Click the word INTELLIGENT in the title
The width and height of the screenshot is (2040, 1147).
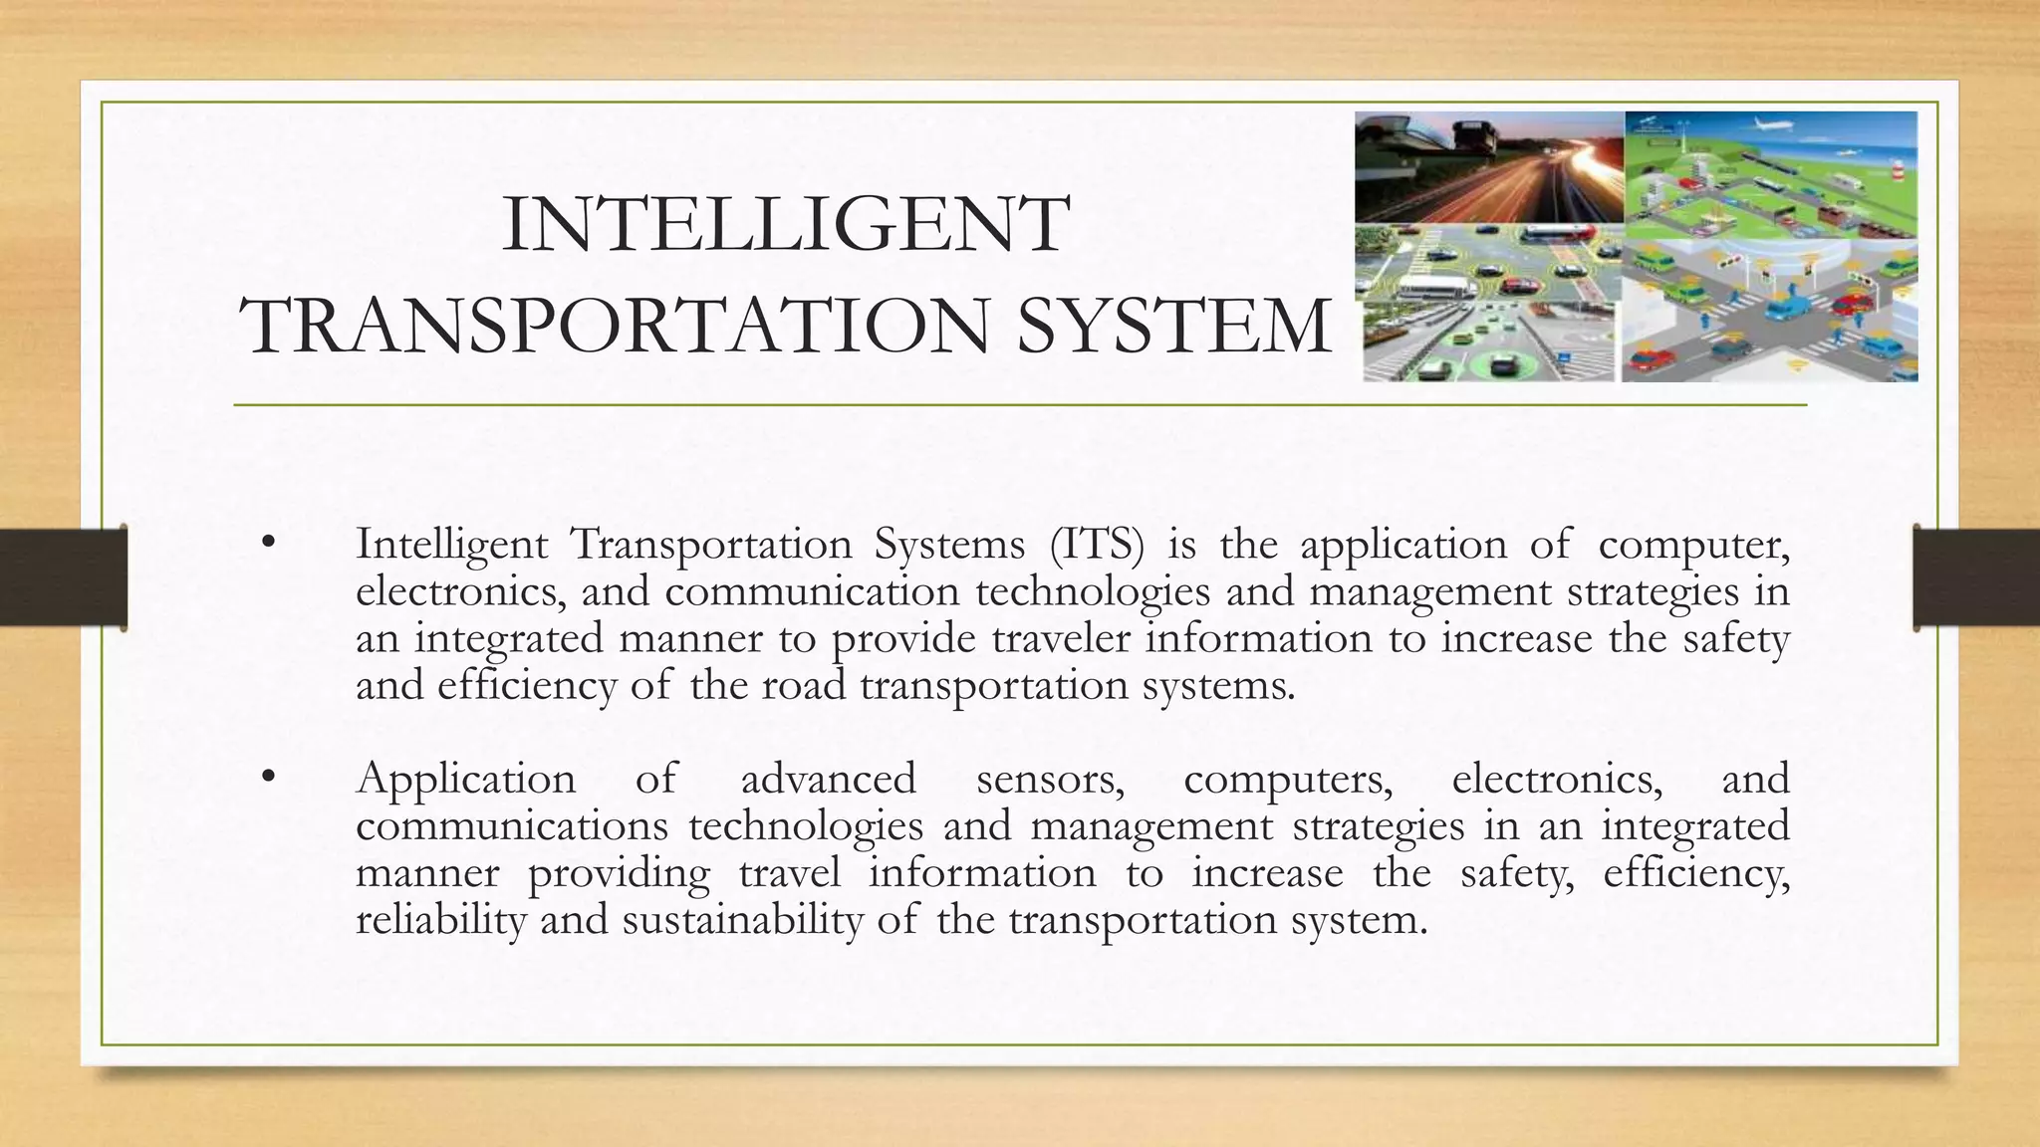(786, 227)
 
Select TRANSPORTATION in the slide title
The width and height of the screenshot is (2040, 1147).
(618, 326)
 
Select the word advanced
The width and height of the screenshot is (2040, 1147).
(828, 779)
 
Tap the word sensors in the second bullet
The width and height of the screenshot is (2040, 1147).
(1050, 779)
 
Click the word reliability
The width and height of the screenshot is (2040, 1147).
(440, 919)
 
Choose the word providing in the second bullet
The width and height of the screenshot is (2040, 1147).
(619, 872)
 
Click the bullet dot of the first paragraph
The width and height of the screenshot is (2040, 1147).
(266, 545)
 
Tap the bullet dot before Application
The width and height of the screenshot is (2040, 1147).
(266, 779)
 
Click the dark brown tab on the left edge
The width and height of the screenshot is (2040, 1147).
(63, 577)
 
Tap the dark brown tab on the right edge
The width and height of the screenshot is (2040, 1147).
(1976, 577)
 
